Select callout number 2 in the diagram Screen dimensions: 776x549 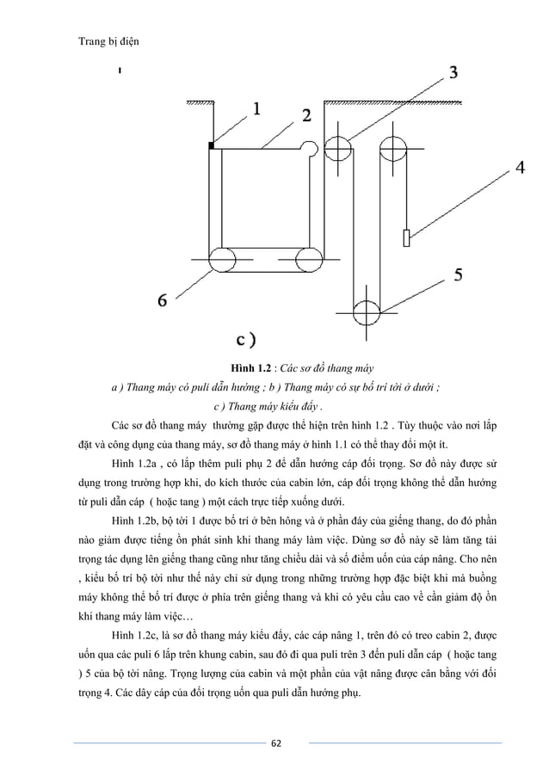306,114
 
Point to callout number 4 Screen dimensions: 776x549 521,169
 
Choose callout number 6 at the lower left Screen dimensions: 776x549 162,300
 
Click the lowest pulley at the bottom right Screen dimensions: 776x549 367,310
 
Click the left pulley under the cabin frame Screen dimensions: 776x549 220,258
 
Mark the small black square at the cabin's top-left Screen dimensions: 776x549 212,146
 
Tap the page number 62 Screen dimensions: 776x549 274,742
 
